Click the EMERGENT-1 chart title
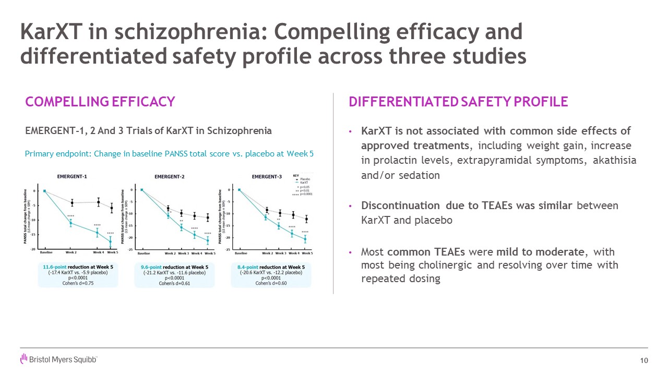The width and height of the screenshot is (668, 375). (x=72, y=176)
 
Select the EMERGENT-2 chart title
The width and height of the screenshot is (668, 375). (x=169, y=176)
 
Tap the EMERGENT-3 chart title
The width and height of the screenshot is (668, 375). (x=267, y=176)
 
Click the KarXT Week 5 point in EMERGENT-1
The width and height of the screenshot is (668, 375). (x=110, y=241)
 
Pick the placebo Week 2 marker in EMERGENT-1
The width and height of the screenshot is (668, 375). (x=72, y=202)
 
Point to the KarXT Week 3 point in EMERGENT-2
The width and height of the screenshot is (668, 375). (x=182, y=227)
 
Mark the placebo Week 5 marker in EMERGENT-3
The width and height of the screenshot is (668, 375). (x=307, y=219)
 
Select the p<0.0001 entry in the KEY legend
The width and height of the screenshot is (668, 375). (x=305, y=194)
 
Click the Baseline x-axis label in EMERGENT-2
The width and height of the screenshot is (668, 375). (x=144, y=253)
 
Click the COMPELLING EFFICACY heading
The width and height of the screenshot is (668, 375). (x=100, y=102)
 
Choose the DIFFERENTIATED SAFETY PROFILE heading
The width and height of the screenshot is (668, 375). (x=458, y=102)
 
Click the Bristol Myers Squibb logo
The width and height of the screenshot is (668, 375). (x=58, y=359)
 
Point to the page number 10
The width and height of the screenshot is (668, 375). (x=643, y=361)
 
